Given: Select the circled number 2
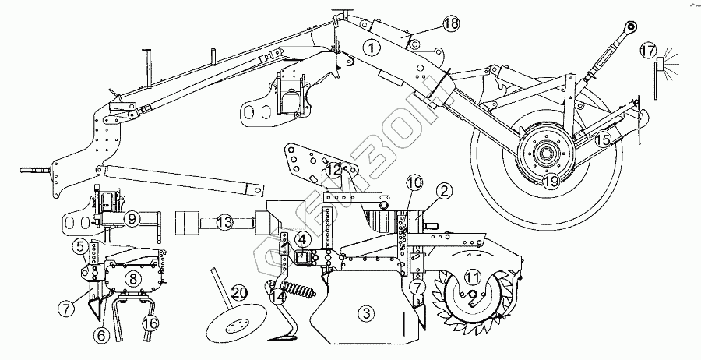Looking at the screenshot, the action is [444, 189].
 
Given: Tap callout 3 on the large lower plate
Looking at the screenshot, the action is [365, 313].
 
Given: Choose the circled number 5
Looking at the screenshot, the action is [80, 248].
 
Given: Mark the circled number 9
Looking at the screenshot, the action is [133, 220].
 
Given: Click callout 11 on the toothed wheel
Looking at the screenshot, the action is [472, 277].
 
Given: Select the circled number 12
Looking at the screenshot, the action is [333, 169].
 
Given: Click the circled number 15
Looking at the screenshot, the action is [602, 140].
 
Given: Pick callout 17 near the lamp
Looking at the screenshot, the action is [647, 51].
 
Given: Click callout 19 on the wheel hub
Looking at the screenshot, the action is [550, 181].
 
